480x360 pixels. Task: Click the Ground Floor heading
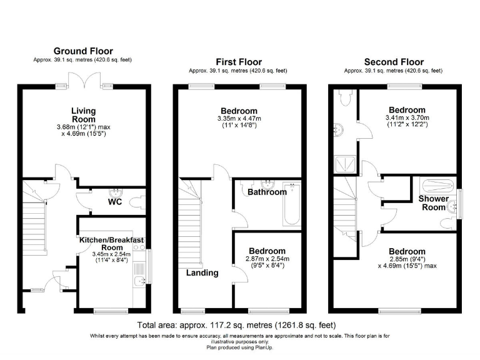pos(83,51)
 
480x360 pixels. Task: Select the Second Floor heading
pos(394,62)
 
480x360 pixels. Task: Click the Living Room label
pos(83,115)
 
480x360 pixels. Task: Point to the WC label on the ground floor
pos(115,202)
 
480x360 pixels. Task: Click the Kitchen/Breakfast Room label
pos(111,243)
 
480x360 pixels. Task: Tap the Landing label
pos(202,272)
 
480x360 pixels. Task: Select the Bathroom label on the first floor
pos(267,192)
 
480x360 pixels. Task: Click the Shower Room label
pos(434,203)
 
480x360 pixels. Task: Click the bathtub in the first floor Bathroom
pos(292,204)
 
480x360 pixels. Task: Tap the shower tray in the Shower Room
pos(440,185)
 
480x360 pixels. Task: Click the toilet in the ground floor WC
pos(139,202)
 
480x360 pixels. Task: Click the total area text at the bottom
pos(236,326)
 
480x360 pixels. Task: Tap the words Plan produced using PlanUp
pos(239,348)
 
